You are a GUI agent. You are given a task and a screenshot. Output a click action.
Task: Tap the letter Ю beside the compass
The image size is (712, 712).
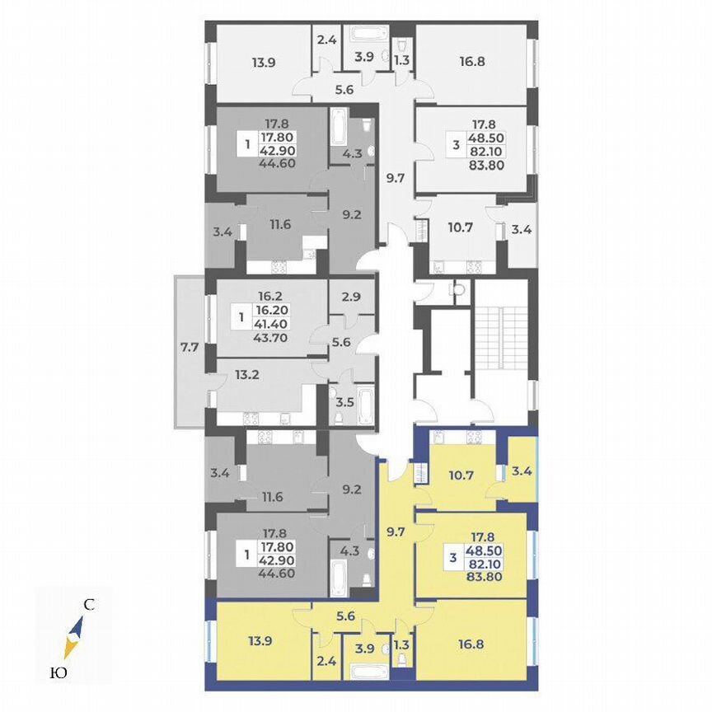click(x=58, y=673)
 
